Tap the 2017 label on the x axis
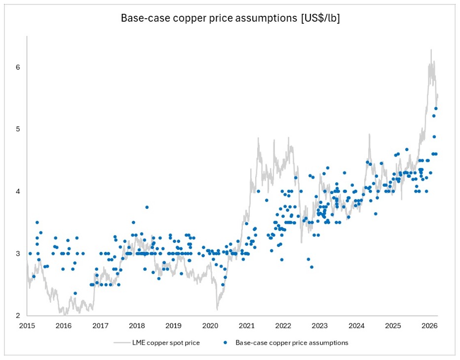[100, 326]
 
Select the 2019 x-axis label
[173, 326]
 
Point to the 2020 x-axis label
[210, 326]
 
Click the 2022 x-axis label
[283, 326]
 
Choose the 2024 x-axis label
[356, 326]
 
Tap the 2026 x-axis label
[429, 326]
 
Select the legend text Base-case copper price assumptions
[292, 343]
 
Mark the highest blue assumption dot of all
[436, 109]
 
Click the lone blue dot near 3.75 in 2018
[147, 207]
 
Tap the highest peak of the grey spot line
[431, 49]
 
